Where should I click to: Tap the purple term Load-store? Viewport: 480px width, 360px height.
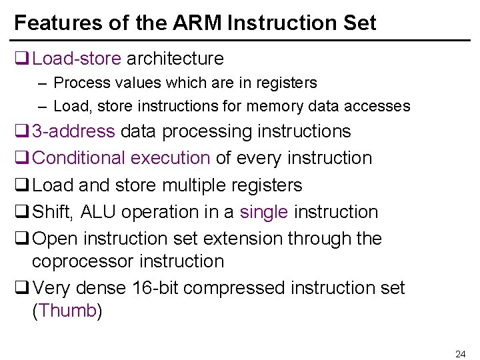pos(77,59)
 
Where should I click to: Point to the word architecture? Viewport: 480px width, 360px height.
pos(175,59)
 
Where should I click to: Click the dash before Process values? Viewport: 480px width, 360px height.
pos(42,83)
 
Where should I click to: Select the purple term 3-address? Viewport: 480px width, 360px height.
pos(73,131)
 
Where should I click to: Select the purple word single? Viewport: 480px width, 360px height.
pos(264,212)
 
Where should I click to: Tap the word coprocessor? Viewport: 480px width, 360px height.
pos(85,261)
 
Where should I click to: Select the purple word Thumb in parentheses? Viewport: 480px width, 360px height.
pos(67,311)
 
